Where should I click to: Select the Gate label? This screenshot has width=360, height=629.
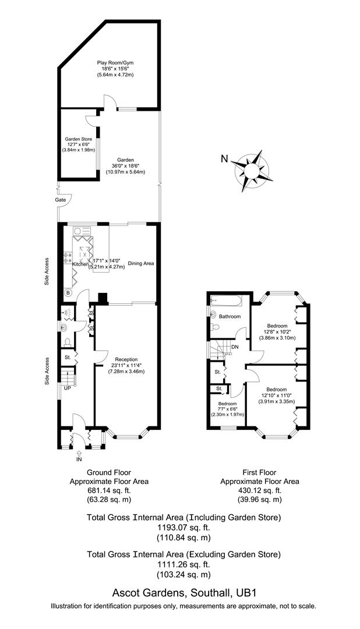(x=60, y=200)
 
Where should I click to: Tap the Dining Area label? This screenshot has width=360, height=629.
(x=141, y=264)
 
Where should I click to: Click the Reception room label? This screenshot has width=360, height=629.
(x=126, y=359)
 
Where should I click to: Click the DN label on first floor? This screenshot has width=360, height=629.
(x=235, y=348)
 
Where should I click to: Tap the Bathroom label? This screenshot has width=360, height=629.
(x=230, y=316)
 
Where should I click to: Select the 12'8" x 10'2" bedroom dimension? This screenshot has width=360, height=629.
(x=277, y=332)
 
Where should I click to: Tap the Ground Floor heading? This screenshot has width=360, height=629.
(x=109, y=472)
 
